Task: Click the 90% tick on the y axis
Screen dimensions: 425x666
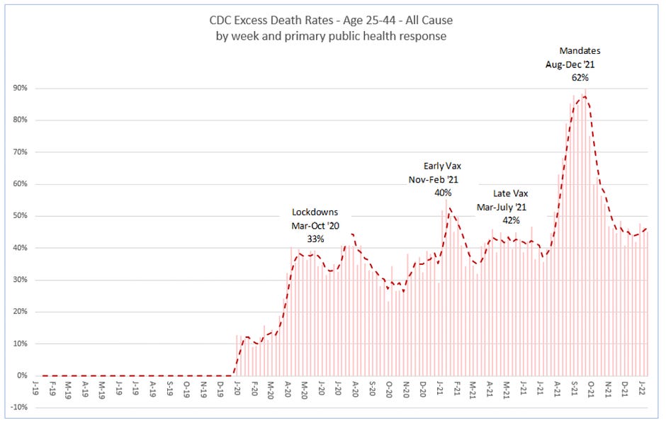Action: point(20,89)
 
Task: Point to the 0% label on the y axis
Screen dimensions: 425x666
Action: point(22,376)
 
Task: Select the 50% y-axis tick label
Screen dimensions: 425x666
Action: point(20,216)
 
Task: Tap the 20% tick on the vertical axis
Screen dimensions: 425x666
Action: point(20,312)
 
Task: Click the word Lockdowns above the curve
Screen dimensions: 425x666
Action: point(316,212)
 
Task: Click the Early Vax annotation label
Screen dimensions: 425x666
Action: point(442,166)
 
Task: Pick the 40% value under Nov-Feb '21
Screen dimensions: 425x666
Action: point(443,193)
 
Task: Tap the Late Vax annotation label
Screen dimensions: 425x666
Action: point(510,193)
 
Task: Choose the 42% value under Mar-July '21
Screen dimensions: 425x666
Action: point(511,220)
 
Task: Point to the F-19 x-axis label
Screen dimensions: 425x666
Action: point(52,389)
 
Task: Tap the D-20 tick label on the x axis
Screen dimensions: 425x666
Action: point(424,389)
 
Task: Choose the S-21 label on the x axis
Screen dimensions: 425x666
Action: point(574,389)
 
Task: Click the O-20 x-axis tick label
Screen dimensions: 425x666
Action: point(389,389)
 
